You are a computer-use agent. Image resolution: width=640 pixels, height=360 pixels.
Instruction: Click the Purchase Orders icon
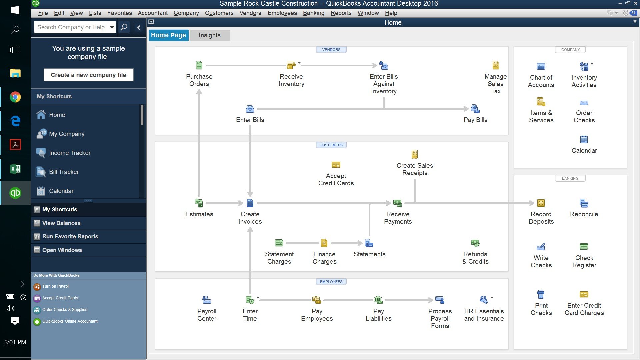coord(199,65)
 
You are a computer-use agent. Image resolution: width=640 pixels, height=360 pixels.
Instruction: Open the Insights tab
coord(209,35)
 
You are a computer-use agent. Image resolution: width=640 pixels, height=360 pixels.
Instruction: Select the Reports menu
coord(341,13)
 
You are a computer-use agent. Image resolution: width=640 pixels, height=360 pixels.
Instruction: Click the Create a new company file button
coord(88,75)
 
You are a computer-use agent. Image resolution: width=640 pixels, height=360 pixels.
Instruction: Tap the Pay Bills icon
coord(475,109)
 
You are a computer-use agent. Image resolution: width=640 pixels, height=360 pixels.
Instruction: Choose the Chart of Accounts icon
coord(541,66)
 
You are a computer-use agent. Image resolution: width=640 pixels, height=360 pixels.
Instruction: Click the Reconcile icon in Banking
coord(584,203)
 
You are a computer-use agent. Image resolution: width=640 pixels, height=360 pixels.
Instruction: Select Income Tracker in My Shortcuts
coord(70,153)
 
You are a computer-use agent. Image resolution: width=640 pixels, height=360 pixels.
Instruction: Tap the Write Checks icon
coord(541,247)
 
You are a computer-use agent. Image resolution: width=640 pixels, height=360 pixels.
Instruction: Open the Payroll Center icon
coord(207,300)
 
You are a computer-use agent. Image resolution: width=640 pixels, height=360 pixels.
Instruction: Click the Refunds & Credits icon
coord(475,243)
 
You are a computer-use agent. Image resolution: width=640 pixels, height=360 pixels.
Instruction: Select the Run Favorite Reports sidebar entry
coord(70,236)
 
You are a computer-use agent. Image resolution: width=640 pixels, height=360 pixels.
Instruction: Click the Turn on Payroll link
coord(56,286)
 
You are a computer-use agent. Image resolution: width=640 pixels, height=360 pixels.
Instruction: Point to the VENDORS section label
coord(331,50)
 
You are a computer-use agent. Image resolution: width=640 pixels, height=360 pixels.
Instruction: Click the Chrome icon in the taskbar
coord(15,97)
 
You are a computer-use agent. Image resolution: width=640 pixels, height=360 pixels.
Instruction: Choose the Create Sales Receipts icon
coord(414,154)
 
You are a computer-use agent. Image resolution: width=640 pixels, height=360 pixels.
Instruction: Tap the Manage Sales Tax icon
coord(496,65)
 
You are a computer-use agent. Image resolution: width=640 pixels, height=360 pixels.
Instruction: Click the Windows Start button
coord(15,10)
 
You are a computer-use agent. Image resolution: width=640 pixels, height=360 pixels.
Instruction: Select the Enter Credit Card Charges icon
coord(584,294)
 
